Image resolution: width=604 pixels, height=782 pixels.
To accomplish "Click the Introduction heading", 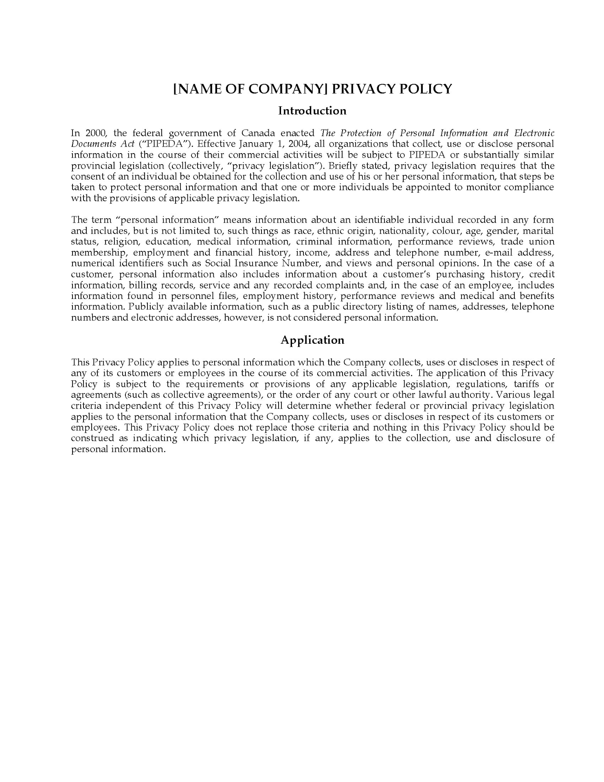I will tap(312, 111).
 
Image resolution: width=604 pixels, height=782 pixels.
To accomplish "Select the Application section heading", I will tap(312, 340).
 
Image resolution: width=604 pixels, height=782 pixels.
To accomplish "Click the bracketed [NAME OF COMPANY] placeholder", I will tap(250, 89).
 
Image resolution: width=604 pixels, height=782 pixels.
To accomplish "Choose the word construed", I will tap(92, 438).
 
